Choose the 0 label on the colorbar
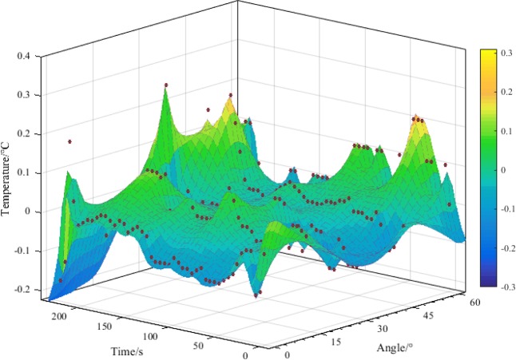click(503, 169)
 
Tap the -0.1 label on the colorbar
click(506, 208)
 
